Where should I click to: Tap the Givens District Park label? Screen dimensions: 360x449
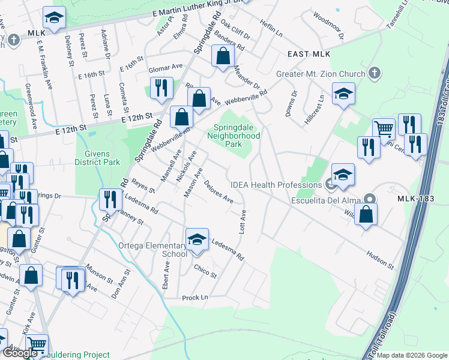pyautogui.click(x=98, y=158)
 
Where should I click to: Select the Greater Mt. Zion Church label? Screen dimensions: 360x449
pyautogui.click(x=321, y=74)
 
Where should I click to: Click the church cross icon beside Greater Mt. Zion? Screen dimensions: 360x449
pyautogui.click(x=374, y=73)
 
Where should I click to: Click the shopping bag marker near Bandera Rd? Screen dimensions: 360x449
pyautogui.click(x=223, y=56)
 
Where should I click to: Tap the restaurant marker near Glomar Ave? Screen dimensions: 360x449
pyautogui.click(x=161, y=89)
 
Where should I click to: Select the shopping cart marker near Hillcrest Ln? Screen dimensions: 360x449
pyautogui.click(x=384, y=128)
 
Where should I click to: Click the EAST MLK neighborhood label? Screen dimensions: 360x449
pyautogui.click(x=309, y=54)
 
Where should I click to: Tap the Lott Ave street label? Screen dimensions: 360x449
pyautogui.click(x=244, y=222)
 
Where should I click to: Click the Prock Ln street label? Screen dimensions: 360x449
pyautogui.click(x=196, y=297)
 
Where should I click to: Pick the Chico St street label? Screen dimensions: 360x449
pyautogui.click(x=205, y=271)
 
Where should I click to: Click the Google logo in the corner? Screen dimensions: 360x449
pyautogui.click(x=20, y=353)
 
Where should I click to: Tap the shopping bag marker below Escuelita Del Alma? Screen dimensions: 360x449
pyautogui.click(x=366, y=215)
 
